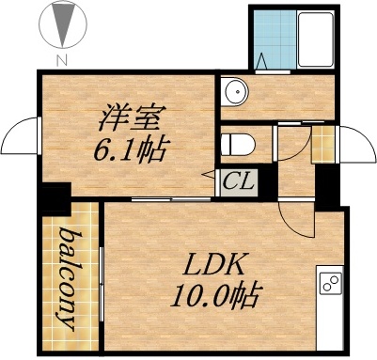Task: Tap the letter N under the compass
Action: [62, 61]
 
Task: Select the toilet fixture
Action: [236, 144]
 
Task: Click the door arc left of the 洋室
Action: [19, 141]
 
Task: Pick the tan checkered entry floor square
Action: [323, 143]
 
